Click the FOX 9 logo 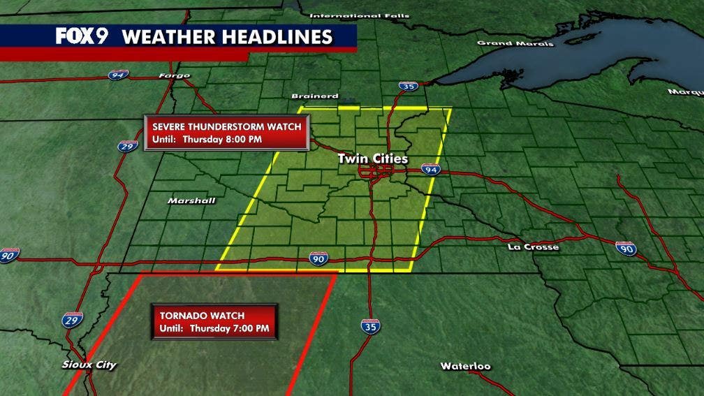tap(82, 36)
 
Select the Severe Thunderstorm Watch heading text tap(227, 126)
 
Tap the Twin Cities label tap(372, 159)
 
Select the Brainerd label tap(314, 96)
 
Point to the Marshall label tap(191, 200)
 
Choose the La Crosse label tap(533, 247)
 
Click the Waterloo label tap(465, 366)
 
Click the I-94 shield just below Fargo tap(118, 75)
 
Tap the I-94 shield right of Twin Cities tap(431, 170)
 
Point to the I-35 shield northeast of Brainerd tap(409, 86)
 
